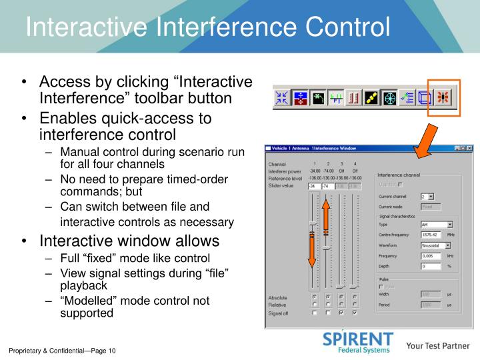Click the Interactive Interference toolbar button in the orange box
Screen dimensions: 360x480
coord(443,97)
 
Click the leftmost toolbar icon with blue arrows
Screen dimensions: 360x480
coord(282,97)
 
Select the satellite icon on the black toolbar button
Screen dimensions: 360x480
coord(371,97)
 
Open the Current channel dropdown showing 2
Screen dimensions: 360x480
coord(427,197)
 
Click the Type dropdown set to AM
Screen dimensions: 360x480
coord(437,225)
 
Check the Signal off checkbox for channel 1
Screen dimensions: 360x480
coord(314,312)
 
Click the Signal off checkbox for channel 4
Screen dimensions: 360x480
coord(355,312)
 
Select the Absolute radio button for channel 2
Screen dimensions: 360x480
coord(327,297)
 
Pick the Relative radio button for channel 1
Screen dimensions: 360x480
coord(314,305)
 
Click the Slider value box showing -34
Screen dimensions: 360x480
coord(314,186)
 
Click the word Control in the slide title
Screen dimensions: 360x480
coord(346,27)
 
